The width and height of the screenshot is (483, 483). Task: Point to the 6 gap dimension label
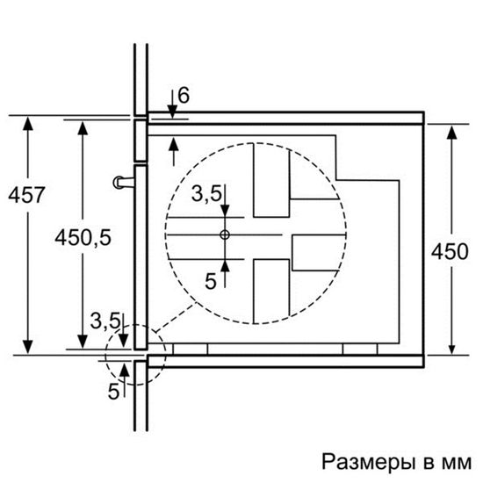pos(182,94)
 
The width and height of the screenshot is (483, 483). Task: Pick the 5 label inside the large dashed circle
pos(210,280)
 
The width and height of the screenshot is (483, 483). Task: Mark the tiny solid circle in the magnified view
pos(225,235)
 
